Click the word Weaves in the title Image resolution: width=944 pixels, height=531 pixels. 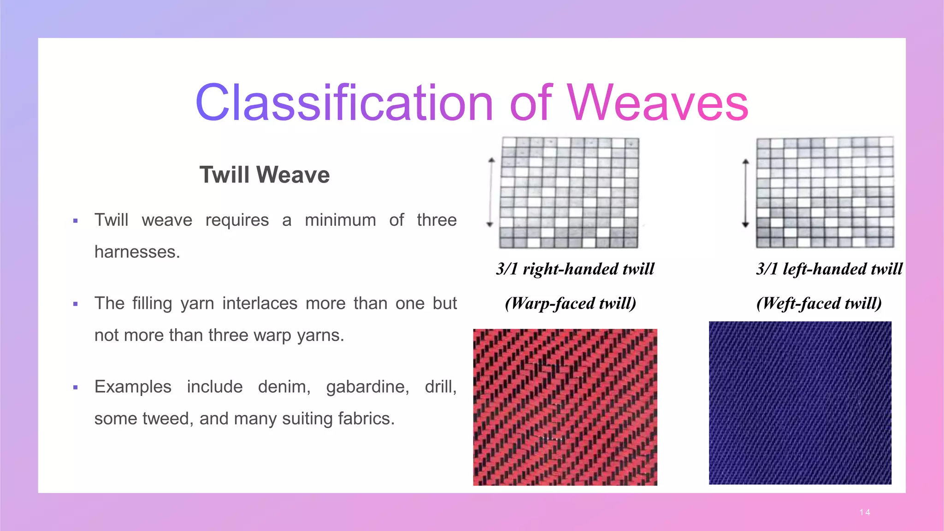(658, 103)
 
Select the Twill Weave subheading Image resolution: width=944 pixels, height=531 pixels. (264, 175)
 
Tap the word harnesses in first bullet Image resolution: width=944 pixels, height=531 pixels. (136, 252)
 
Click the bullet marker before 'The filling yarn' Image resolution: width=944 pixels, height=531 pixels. (76, 304)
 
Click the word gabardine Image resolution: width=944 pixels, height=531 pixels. (367, 387)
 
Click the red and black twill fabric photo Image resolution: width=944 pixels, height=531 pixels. (565, 407)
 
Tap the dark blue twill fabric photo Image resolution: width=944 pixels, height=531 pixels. (800, 403)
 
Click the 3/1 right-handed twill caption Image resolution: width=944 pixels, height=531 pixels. (575, 269)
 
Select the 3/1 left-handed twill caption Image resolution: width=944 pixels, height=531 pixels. (829, 269)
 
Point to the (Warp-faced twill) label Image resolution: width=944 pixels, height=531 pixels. (570, 303)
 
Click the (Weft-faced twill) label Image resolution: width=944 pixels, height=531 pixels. (819, 303)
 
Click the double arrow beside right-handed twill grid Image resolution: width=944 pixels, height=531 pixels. (490, 192)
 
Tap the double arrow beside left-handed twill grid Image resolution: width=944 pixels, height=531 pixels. (745, 193)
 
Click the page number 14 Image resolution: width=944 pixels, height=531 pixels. (865, 512)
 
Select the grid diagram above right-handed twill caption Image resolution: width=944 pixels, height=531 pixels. (569, 192)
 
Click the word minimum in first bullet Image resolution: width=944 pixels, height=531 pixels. (340, 220)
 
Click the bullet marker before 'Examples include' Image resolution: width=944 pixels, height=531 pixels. (76, 388)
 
